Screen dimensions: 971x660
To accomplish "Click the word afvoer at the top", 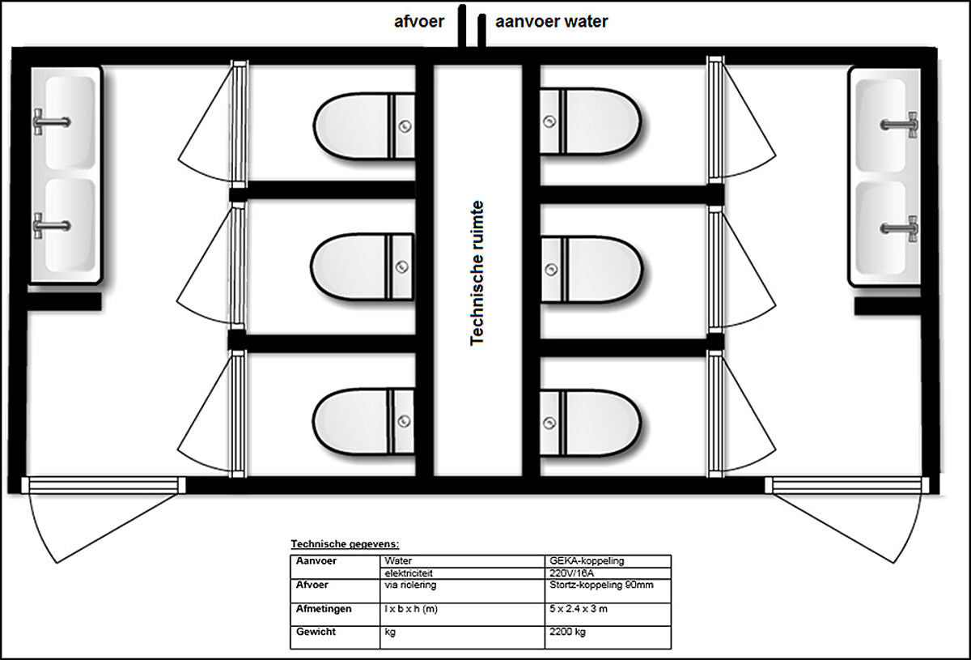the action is pyautogui.click(x=419, y=22).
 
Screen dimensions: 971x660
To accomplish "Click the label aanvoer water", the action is pyautogui.click(x=551, y=21).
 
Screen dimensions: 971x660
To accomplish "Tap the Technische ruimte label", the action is pyautogui.click(x=477, y=273).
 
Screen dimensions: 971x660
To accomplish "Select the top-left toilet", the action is pyautogui.click(x=364, y=126).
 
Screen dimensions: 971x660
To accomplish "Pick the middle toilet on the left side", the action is pyautogui.click(x=362, y=267).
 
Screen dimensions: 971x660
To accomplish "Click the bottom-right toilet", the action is pyautogui.click(x=591, y=423).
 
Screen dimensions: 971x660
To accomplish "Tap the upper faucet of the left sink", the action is pyautogui.click(x=52, y=122).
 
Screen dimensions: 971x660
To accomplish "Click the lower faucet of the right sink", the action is pyautogui.click(x=899, y=228).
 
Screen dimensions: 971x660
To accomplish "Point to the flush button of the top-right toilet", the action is pyautogui.click(x=549, y=121).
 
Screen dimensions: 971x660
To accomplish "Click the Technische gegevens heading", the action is pyautogui.click(x=345, y=543).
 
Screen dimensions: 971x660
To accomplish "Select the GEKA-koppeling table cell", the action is pyautogui.click(x=587, y=560).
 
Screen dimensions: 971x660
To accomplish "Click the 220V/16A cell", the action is pyautogui.click(x=572, y=573).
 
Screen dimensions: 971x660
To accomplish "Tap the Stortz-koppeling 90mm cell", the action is pyautogui.click(x=601, y=585).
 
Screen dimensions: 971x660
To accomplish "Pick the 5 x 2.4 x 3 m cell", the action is pyautogui.click(x=579, y=609).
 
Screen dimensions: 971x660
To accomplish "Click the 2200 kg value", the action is pyautogui.click(x=567, y=632).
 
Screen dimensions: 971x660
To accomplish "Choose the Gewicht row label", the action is pyautogui.click(x=316, y=632).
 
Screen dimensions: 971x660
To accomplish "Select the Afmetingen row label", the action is pyautogui.click(x=324, y=609).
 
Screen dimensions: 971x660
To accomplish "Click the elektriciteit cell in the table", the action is pyautogui.click(x=409, y=573).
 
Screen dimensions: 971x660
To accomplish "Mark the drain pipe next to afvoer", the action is pyautogui.click(x=462, y=26).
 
